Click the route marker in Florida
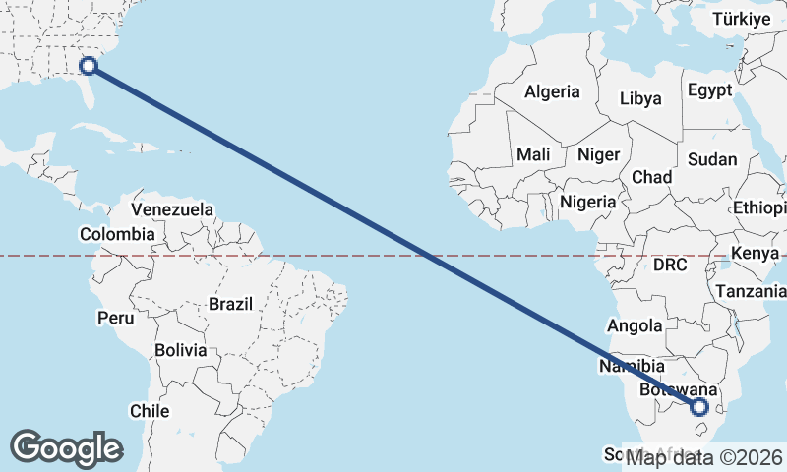tap(89, 66)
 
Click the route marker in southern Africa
tap(699, 406)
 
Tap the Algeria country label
tap(552, 92)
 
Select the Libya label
tap(640, 98)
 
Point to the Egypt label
tap(709, 90)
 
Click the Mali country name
tap(533, 154)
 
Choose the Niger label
tap(598, 154)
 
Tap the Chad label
tap(651, 177)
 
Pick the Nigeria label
tap(587, 202)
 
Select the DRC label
tap(670, 265)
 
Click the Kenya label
tap(756, 254)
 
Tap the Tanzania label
tap(752, 291)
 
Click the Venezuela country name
tap(172, 209)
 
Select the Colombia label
tap(117, 234)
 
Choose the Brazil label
tap(230, 304)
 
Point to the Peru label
tap(115, 318)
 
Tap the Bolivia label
tap(181, 350)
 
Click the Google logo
tap(66, 448)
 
